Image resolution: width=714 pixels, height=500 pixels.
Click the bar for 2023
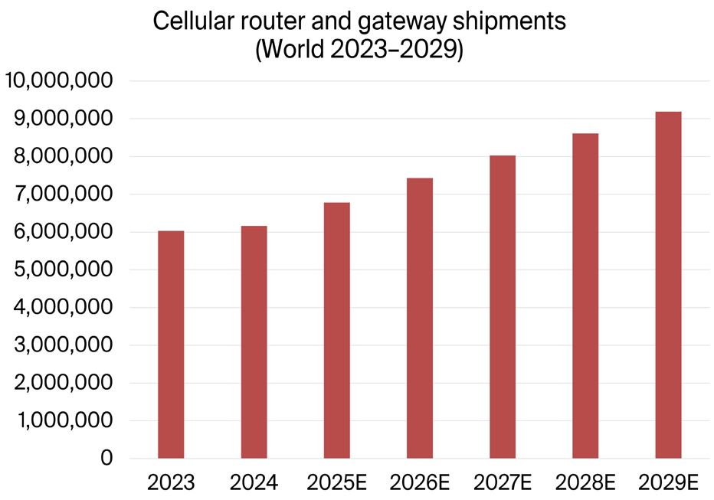tap(171, 345)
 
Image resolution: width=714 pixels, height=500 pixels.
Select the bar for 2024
tap(254, 342)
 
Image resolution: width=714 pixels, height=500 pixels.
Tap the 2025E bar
tap(337, 331)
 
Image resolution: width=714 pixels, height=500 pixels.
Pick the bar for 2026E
tap(420, 319)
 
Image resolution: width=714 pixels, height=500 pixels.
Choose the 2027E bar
tap(503, 307)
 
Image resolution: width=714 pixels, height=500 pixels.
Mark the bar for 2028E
tap(585, 296)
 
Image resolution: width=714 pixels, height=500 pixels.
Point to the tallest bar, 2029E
tap(668, 285)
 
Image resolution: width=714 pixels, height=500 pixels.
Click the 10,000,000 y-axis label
tap(59, 81)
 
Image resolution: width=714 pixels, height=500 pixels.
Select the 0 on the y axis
tap(107, 459)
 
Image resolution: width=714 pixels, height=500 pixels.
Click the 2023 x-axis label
tap(171, 483)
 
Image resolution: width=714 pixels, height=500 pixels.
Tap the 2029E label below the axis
tap(668, 483)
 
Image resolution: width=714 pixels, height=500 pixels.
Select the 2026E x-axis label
tap(420, 483)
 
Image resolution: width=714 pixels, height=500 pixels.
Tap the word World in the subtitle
tap(293, 51)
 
